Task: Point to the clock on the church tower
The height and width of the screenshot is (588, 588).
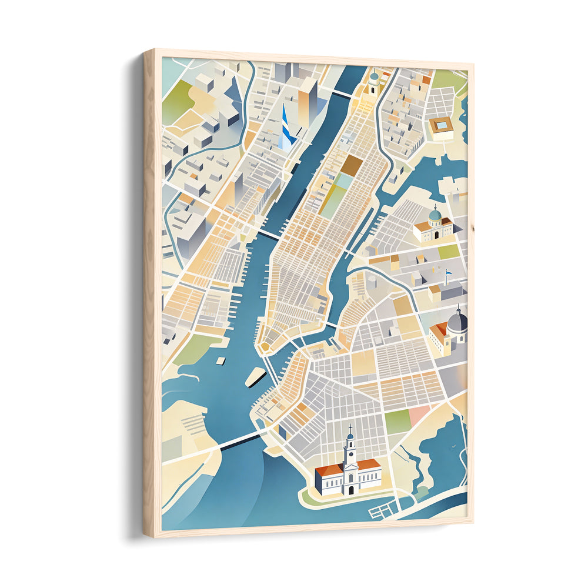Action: point(350,456)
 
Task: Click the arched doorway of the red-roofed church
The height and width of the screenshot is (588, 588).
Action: point(350,489)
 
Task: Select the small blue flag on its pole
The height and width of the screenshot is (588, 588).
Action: point(448,272)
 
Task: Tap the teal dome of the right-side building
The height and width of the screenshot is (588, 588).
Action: point(435,215)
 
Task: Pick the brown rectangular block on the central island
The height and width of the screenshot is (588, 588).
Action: point(353,165)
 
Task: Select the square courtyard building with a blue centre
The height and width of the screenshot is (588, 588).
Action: point(441,125)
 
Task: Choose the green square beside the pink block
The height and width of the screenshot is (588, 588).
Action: point(398,421)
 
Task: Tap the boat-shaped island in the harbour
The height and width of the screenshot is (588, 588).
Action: point(255,376)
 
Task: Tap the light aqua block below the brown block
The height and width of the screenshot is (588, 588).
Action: point(343,181)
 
